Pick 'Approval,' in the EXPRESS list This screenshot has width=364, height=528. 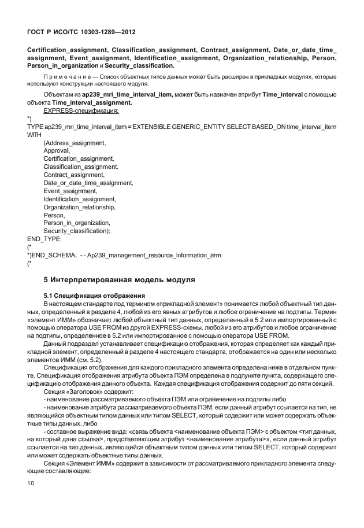57,150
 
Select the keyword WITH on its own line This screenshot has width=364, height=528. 35,134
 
